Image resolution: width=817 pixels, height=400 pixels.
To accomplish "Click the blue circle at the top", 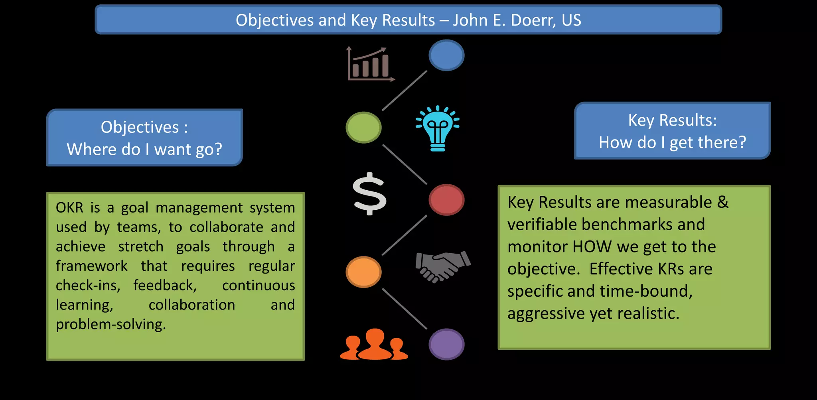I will coord(446,55).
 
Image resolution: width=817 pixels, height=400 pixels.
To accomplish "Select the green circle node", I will coord(363,127).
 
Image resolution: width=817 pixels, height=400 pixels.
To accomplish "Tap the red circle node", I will coord(446,199).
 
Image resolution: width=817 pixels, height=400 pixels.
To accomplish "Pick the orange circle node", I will coord(363,272).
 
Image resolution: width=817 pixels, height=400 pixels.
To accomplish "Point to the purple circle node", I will coord(446,344).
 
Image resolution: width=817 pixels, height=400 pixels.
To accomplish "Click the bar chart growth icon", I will coord(371,64).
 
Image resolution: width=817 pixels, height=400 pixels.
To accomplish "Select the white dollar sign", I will coord(370,194).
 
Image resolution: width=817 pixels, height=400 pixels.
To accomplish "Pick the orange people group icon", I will coord(374,345).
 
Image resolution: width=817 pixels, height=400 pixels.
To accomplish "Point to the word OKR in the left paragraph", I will coord(69,208).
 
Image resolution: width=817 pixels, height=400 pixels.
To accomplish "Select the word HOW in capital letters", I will coord(592,247).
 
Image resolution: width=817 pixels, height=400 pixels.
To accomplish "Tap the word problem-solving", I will coord(111,324).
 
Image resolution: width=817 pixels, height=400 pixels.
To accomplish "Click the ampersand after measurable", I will coord(722,202).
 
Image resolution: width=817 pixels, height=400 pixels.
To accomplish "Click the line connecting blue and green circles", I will coord(405,91).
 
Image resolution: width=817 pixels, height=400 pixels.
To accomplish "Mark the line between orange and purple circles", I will coord(405,308).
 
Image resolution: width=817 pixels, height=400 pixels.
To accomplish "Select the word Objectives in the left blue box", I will coord(140,127).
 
